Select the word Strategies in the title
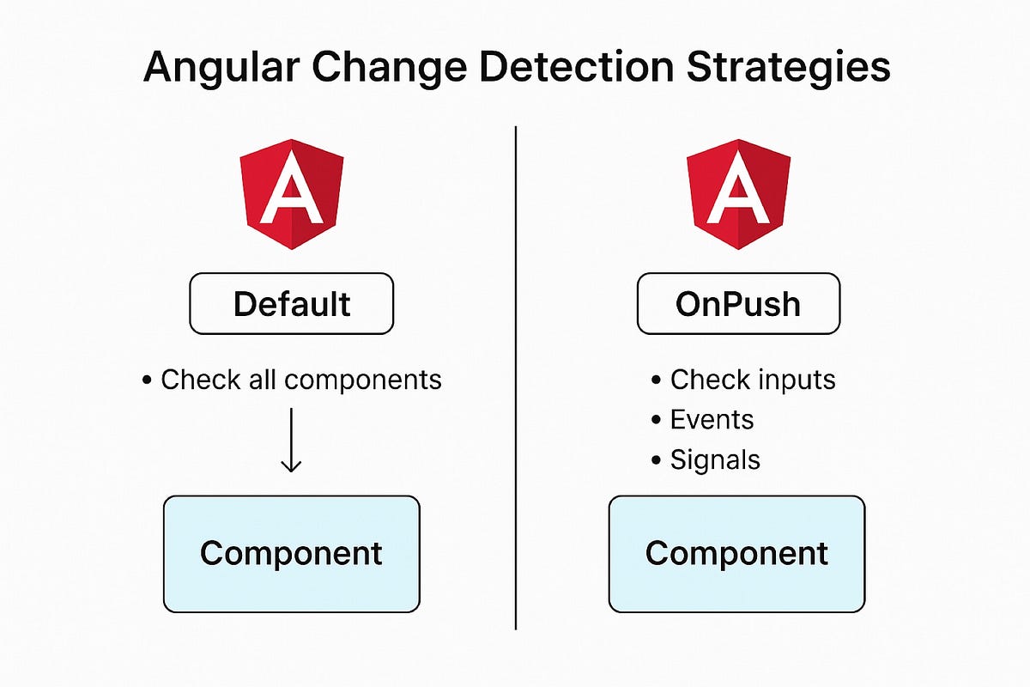click(x=789, y=67)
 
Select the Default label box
click(x=292, y=303)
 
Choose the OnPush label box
click(x=738, y=303)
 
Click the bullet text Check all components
click(x=300, y=379)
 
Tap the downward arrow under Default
click(x=292, y=440)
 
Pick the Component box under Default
click(x=292, y=553)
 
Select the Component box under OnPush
click(x=737, y=553)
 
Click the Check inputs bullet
click(x=752, y=379)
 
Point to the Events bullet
click(x=712, y=419)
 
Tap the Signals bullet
click(x=715, y=459)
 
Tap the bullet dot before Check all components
click(x=148, y=380)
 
